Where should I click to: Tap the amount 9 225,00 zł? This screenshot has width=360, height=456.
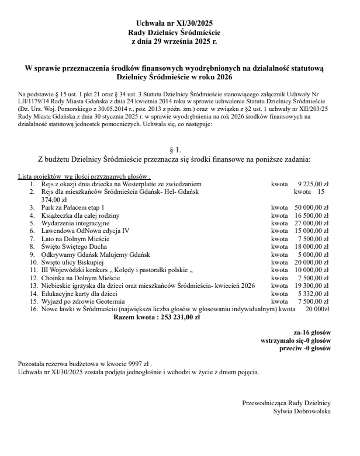pyautogui.click(x=313, y=183)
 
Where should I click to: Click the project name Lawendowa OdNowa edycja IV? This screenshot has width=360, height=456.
pyautogui.click(x=85, y=231)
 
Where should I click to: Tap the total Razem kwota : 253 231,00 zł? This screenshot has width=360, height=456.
pyautogui.click(x=157, y=318)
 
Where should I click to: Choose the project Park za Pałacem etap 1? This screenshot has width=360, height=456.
pyautogui.click(x=74, y=207)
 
